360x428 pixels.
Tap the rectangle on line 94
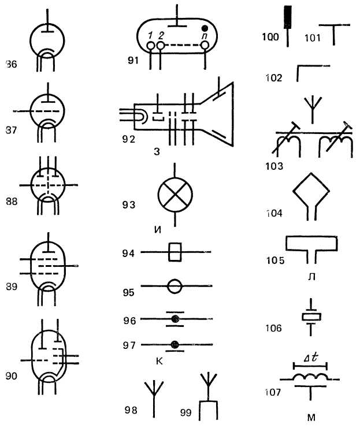(175, 252)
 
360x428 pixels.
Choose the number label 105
(276, 260)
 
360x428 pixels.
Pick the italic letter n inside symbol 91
(203, 37)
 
